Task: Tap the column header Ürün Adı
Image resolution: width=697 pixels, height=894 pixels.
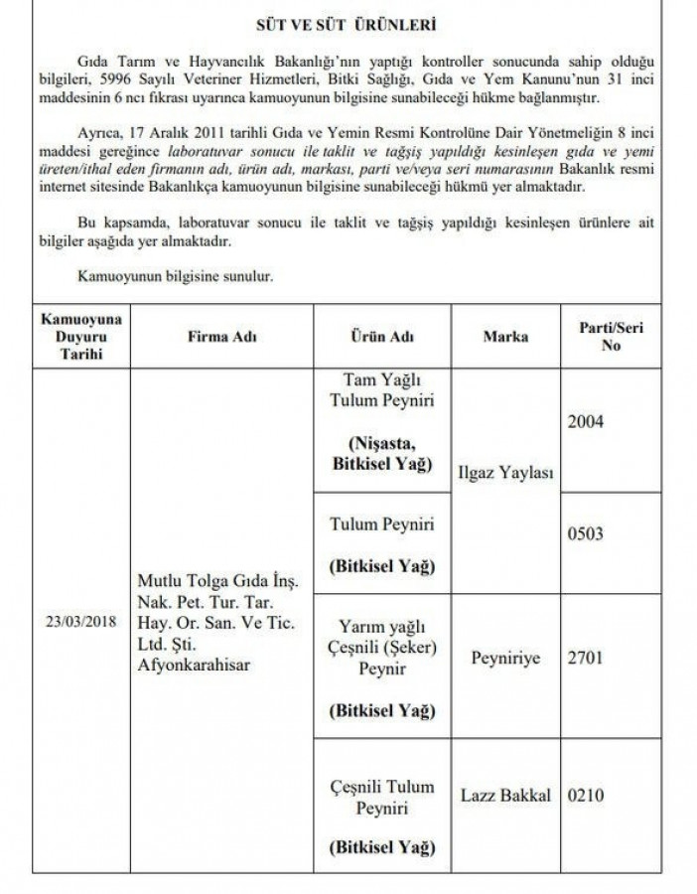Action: (x=382, y=337)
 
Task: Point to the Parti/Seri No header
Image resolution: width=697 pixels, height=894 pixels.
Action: (x=603, y=337)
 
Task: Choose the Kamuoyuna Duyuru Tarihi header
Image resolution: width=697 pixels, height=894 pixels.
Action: (x=80, y=337)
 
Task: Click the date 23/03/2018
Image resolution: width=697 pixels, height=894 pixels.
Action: (x=80, y=624)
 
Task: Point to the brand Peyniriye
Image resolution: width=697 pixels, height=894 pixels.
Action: (x=505, y=658)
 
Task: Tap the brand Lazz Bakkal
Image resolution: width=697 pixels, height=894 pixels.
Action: (x=505, y=796)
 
